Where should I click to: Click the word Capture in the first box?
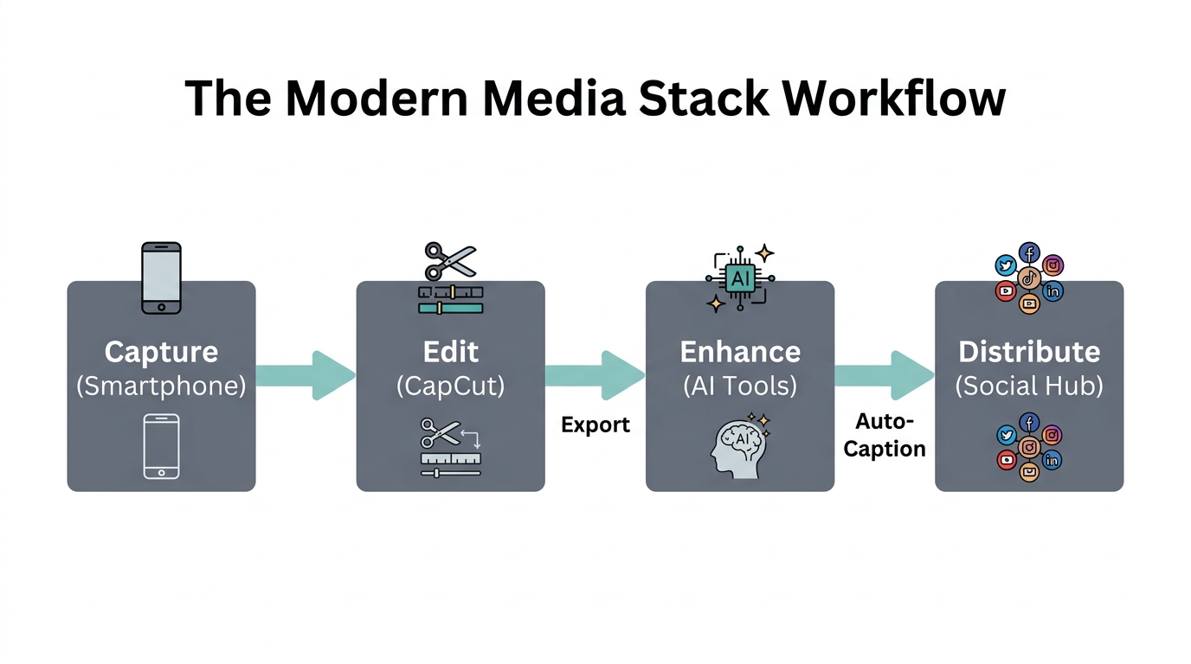[x=161, y=352]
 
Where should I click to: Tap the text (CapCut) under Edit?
[x=450, y=386]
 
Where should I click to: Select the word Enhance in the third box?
[x=740, y=352]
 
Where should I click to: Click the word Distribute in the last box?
[x=1029, y=352]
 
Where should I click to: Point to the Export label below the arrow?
[x=595, y=425]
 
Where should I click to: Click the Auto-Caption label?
[x=885, y=435]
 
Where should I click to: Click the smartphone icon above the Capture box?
[x=161, y=278]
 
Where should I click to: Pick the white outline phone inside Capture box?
[x=161, y=446]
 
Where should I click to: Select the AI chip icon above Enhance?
[x=740, y=278]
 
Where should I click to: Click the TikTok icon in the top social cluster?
[x=1029, y=278]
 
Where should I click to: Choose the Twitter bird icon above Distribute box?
[x=1006, y=265]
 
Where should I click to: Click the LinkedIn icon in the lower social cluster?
[x=1053, y=460]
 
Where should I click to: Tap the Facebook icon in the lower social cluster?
[x=1029, y=423]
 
